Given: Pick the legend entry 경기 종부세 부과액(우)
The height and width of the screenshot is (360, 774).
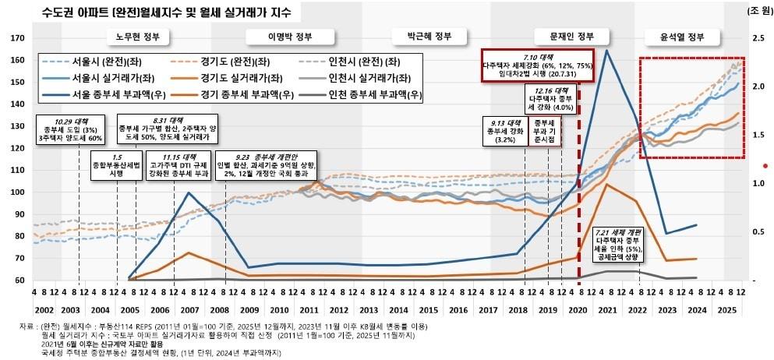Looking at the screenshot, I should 249,94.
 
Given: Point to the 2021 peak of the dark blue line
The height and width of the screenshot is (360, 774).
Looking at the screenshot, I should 606,51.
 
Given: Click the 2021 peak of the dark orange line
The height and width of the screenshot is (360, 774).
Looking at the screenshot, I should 606,185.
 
